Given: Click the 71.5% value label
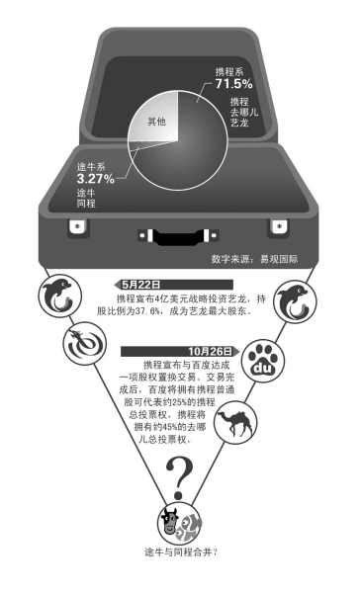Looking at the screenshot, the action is (x=233, y=84).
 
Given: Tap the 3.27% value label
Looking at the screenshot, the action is (x=95, y=179).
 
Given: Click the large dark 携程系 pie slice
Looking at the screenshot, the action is (x=193, y=151).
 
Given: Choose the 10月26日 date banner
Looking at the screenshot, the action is (x=180, y=351).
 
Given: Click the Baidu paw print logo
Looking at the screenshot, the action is (x=263, y=361).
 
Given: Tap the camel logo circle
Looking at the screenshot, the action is (x=235, y=421).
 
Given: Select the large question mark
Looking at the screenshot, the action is (x=179, y=477).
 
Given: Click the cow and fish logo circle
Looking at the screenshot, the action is (x=179, y=524).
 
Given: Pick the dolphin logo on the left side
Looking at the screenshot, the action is (x=59, y=296).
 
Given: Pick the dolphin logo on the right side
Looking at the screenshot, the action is (x=295, y=301).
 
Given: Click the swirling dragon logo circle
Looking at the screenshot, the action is (x=85, y=343).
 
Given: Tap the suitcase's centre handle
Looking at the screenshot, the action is (x=178, y=236).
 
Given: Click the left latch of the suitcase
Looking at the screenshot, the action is (x=77, y=227).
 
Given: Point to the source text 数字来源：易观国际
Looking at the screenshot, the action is (x=254, y=259).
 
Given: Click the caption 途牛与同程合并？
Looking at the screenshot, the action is (x=181, y=551).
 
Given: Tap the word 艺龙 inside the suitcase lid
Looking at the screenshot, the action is (x=239, y=123).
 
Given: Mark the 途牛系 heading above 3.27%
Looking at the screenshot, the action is (x=91, y=167).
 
